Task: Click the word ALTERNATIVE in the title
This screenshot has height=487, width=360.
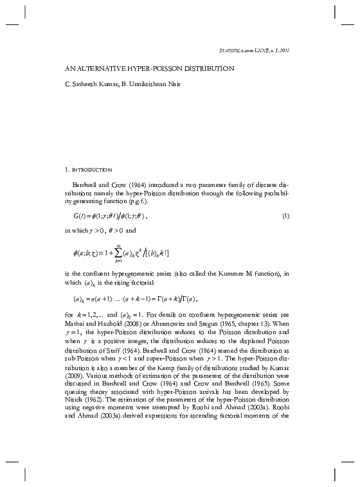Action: [110, 67]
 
